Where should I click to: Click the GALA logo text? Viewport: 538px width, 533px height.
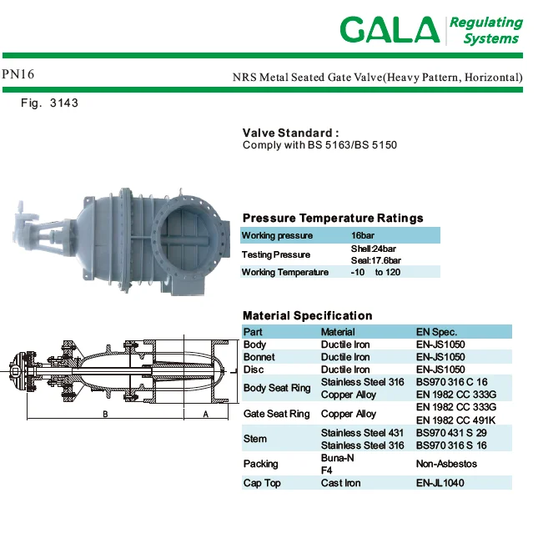(x=390, y=30)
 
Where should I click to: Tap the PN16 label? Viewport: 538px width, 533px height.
(x=18, y=74)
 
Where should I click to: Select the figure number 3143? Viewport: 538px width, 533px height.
(x=64, y=103)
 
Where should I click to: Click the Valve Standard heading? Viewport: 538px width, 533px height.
(x=290, y=133)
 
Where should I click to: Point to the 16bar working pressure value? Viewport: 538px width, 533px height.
(x=363, y=235)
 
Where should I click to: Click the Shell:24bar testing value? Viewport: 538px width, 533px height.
(x=374, y=249)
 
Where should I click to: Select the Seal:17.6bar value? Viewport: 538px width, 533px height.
(x=375, y=260)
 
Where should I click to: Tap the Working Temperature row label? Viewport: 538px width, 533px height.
(x=285, y=272)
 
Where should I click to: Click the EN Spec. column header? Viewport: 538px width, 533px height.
(x=436, y=332)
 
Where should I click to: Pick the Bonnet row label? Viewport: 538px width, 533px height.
(x=259, y=357)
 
